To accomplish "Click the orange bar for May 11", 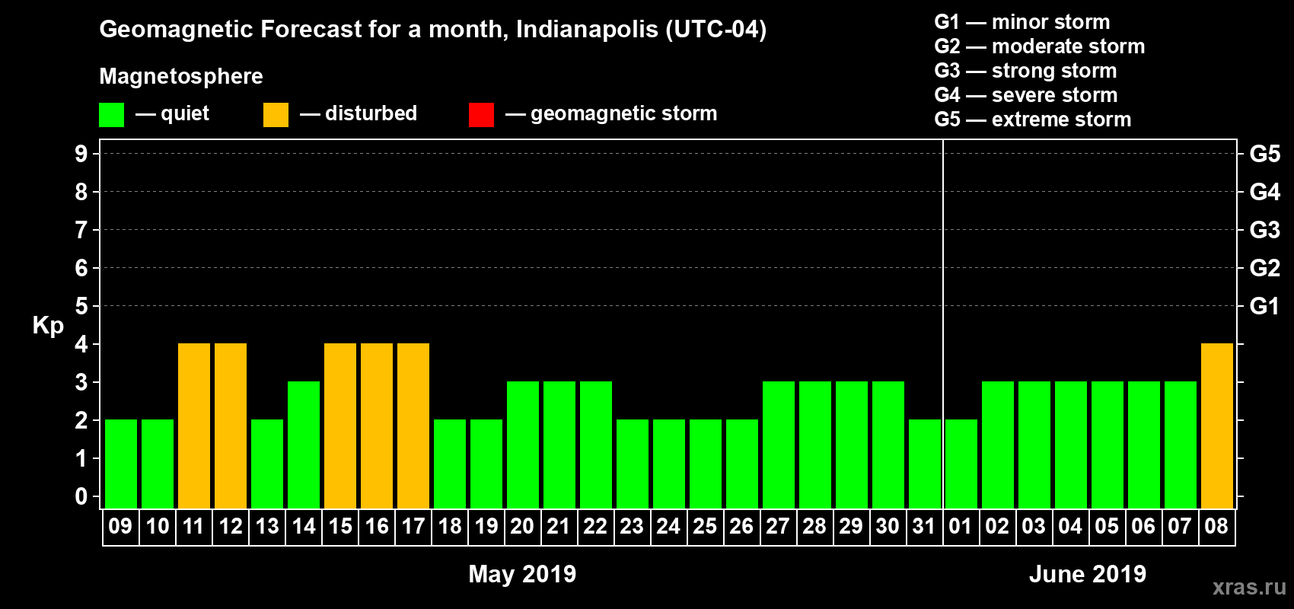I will [194, 426].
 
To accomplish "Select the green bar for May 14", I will [304, 445].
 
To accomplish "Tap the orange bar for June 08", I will [1216, 426].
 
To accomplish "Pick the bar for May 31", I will [924, 464].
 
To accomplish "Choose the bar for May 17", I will [413, 426].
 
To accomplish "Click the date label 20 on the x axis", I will [522, 526].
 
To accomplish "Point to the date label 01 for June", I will [961, 526].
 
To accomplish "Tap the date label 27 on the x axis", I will [778, 526].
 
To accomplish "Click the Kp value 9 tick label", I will [81, 154].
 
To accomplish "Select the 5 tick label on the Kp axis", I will [81, 306].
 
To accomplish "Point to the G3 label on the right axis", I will [1264, 230].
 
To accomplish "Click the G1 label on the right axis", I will [1264, 306].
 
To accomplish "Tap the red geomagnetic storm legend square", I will [481, 115].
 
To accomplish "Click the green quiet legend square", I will [111, 115].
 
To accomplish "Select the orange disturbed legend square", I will [276, 115].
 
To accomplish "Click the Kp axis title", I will [48, 326].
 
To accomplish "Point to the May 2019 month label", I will [522, 574].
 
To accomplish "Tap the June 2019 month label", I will [1087, 574].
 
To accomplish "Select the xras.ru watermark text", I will [1248, 587].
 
